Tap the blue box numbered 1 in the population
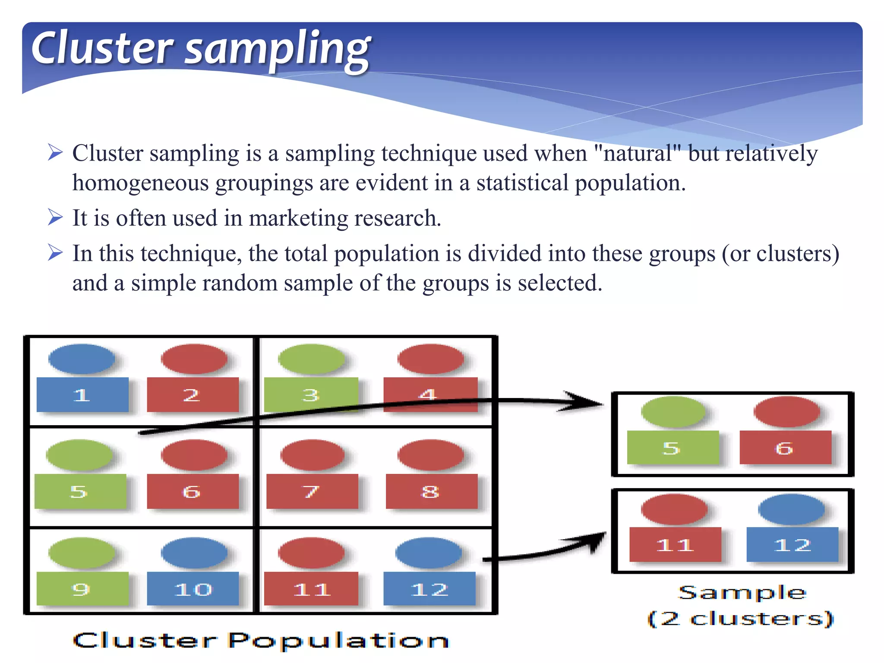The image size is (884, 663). pos(82,395)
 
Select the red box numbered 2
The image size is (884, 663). pos(193,395)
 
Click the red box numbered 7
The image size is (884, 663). pos(312,491)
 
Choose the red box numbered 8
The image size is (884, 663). pos(431,491)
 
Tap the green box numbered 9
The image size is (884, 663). pos(82,589)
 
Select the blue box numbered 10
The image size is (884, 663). pos(193,589)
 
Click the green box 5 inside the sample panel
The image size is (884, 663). pos(672,448)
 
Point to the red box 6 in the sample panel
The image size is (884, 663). pos(785,448)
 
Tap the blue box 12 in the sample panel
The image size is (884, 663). pos(792,544)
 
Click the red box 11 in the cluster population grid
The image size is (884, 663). pos(311,589)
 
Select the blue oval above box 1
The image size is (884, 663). pos(82,359)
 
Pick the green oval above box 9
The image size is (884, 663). pos(82,553)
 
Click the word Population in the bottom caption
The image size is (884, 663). pos(339,641)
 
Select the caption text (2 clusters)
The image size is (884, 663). pos(741,619)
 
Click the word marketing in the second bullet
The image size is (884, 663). pos(298,218)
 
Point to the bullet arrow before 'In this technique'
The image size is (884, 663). pos(55,253)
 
